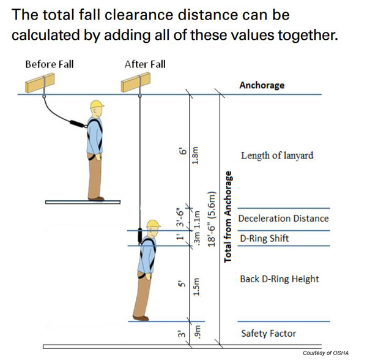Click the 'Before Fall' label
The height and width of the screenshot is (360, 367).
pos(49,64)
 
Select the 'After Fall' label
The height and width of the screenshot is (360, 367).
pos(145,64)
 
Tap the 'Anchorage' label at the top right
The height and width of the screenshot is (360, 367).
pos(262,85)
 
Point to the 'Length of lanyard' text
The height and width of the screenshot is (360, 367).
pos(276,156)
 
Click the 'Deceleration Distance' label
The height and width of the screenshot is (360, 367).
pos(283,219)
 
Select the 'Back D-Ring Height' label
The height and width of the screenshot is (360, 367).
pos(280,279)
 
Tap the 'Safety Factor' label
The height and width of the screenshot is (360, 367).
pos(269,334)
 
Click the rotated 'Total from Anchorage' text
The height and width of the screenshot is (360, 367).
pos(228,217)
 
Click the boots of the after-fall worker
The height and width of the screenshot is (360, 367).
pos(141,317)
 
